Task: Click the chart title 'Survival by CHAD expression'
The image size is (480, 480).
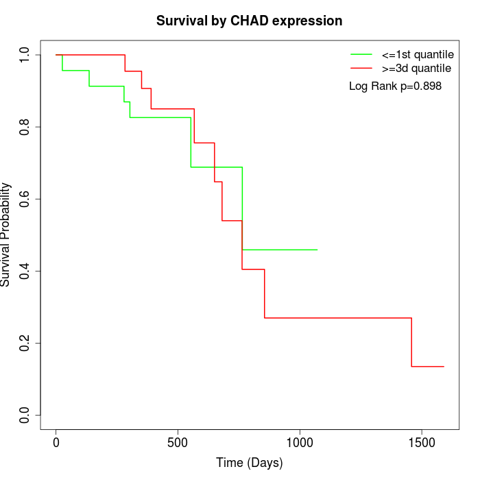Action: [x=249, y=21]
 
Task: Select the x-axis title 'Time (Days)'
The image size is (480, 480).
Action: [x=249, y=463]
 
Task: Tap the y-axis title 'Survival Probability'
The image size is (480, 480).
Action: [x=7, y=235]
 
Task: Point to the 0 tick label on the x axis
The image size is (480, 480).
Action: [x=56, y=442]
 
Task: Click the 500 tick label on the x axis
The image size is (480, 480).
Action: [x=178, y=442]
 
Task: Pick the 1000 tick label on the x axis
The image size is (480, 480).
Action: [x=300, y=442]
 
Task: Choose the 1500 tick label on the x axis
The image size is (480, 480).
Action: [x=421, y=442]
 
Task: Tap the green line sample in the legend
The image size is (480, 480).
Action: [x=361, y=53]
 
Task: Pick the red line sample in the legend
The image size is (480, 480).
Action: [x=361, y=68]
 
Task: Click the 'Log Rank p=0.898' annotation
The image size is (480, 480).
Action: [x=395, y=86]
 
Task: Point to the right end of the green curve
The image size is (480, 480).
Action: [x=317, y=250]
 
